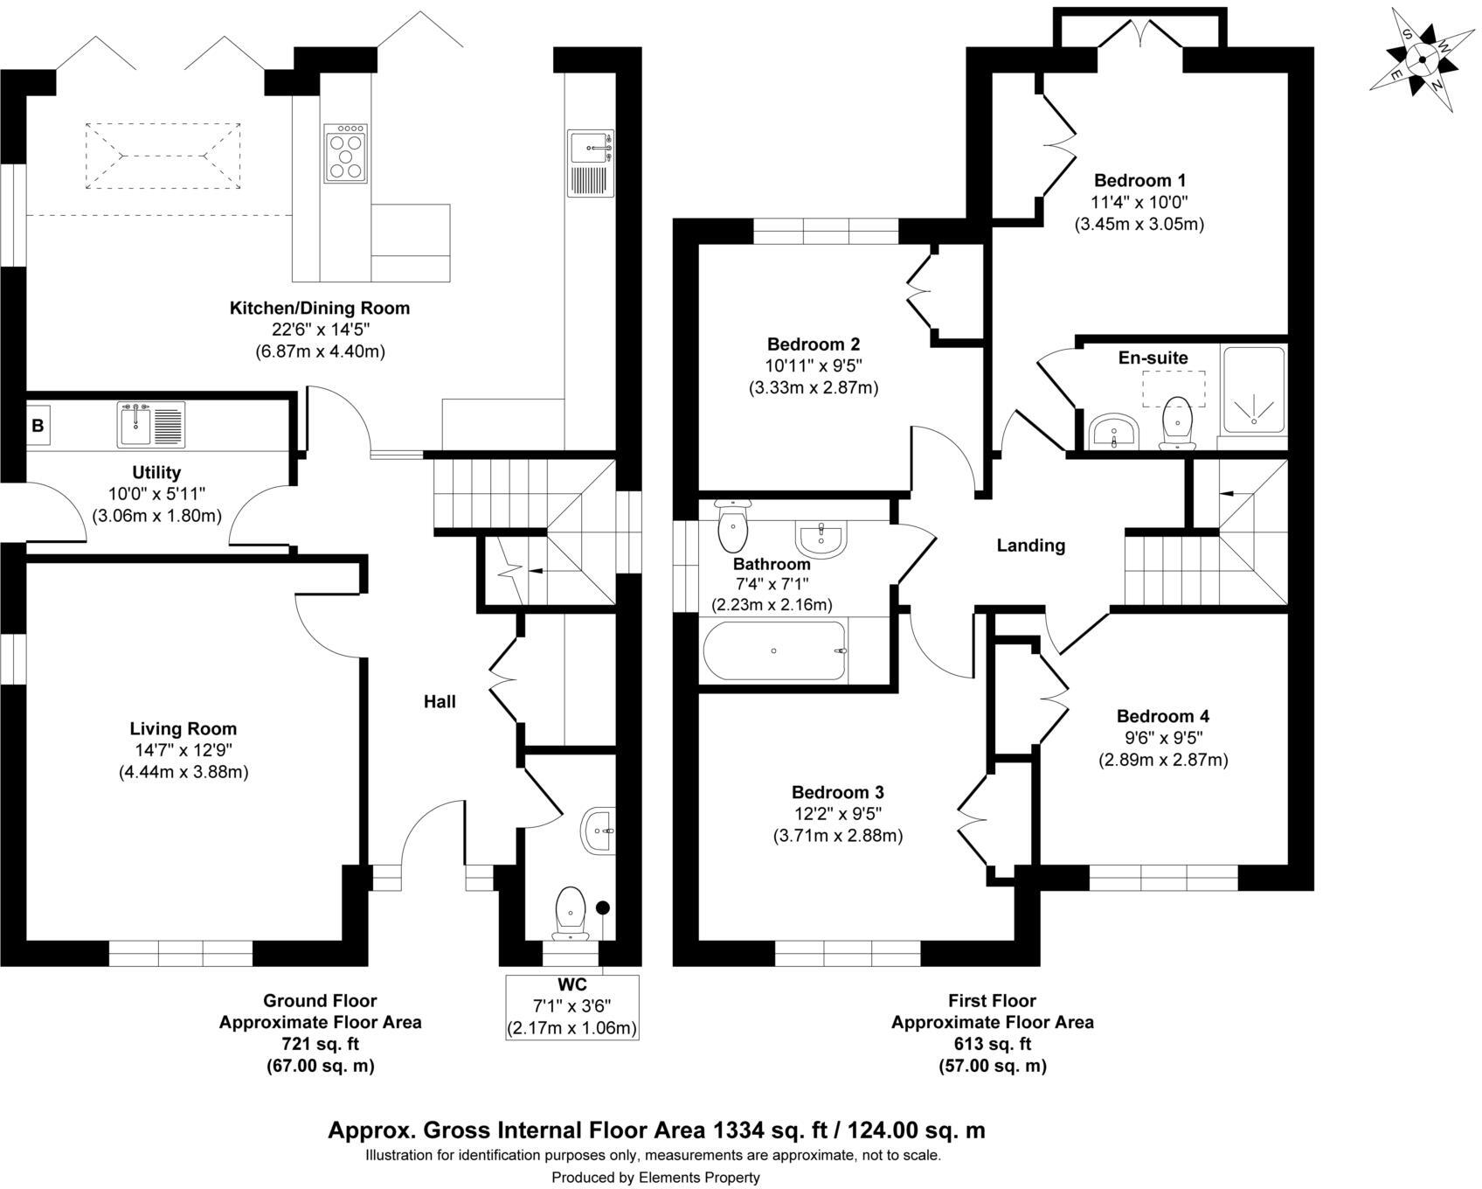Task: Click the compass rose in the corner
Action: click(x=1421, y=60)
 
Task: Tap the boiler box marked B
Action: click(x=38, y=426)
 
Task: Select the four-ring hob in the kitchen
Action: click(x=346, y=153)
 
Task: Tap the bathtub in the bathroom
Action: click(x=774, y=651)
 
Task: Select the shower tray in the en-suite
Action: click(x=1254, y=390)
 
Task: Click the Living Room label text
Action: click(x=184, y=728)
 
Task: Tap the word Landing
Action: click(x=1031, y=546)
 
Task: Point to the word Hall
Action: click(x=440, y=701)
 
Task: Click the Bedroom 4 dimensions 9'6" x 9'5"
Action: click(x=1163, y=737)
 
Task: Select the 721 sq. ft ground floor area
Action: click(x=320, y=1044)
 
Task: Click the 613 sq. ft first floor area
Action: click(x=992, y=1044)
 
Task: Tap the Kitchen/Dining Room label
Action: click(x=320, y=308)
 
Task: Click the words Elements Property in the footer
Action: click(x=698, y=1178)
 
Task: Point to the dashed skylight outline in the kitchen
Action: click(x=163, y=156)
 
